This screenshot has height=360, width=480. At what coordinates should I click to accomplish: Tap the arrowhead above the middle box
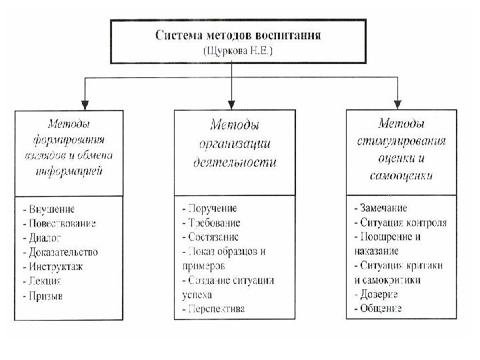tap(231, 105)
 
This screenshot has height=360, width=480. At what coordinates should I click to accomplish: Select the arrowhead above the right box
tap(397, 105)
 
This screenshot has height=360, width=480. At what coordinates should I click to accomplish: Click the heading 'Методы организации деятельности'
tap(235, 143)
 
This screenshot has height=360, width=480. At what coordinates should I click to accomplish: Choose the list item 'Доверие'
tap(377, 294)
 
